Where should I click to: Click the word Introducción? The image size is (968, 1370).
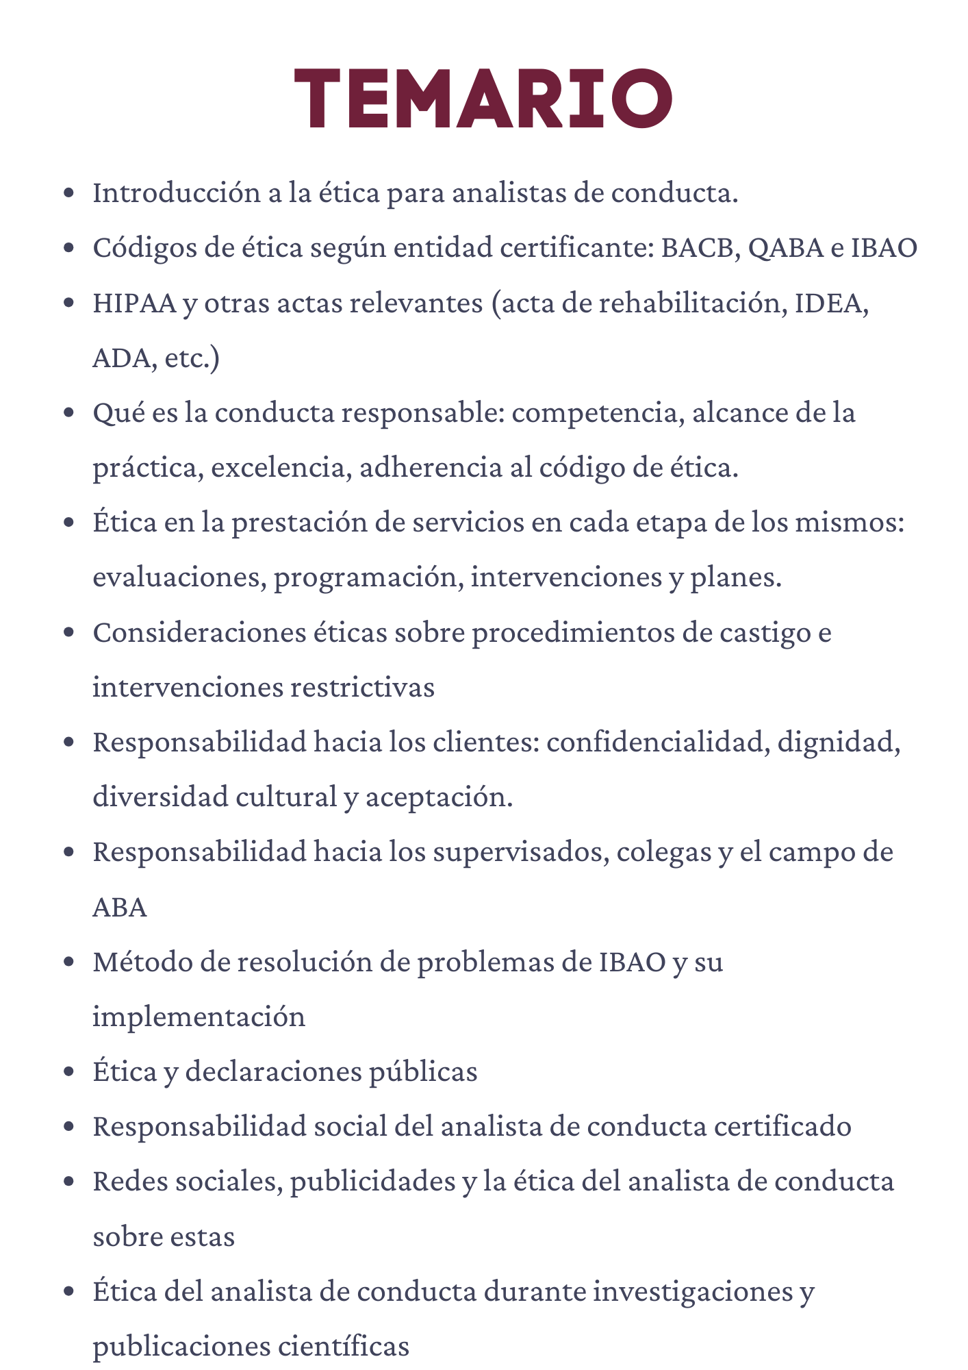point(175,193)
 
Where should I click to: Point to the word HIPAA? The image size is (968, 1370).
point(133,303)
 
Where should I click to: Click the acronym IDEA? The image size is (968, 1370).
point(831,303)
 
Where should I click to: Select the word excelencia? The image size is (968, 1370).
point(281,468)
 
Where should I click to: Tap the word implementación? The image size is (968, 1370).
point(199,1017)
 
